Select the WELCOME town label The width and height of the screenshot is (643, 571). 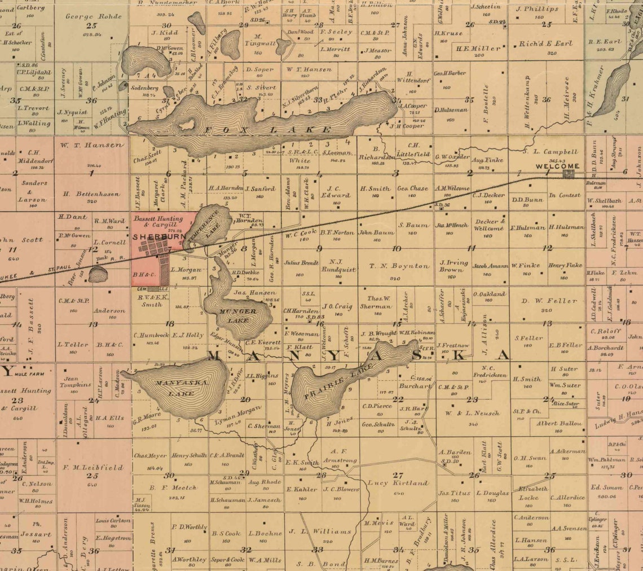(557, 166)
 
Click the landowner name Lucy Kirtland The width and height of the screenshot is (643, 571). (398, 483)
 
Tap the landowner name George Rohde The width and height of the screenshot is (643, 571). (94, 16)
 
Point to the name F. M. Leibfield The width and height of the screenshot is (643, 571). (93, 467)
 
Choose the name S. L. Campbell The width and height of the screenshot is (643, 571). (550, 152)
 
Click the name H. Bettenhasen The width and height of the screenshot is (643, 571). (91, 194)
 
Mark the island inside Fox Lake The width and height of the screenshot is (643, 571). (186, 124)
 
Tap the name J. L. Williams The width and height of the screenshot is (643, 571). (320, 532)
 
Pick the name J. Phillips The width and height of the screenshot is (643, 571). (537, 9)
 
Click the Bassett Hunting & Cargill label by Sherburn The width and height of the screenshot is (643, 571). (158, 221)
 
